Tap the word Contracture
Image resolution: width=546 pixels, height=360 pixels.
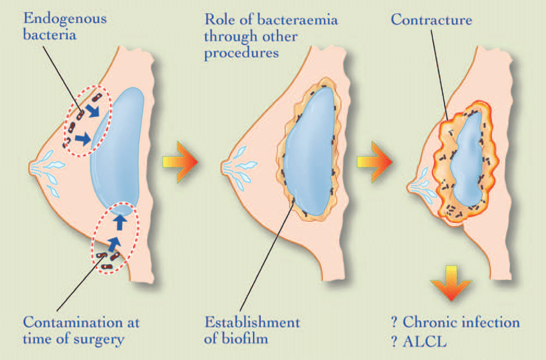coord(431,20)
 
